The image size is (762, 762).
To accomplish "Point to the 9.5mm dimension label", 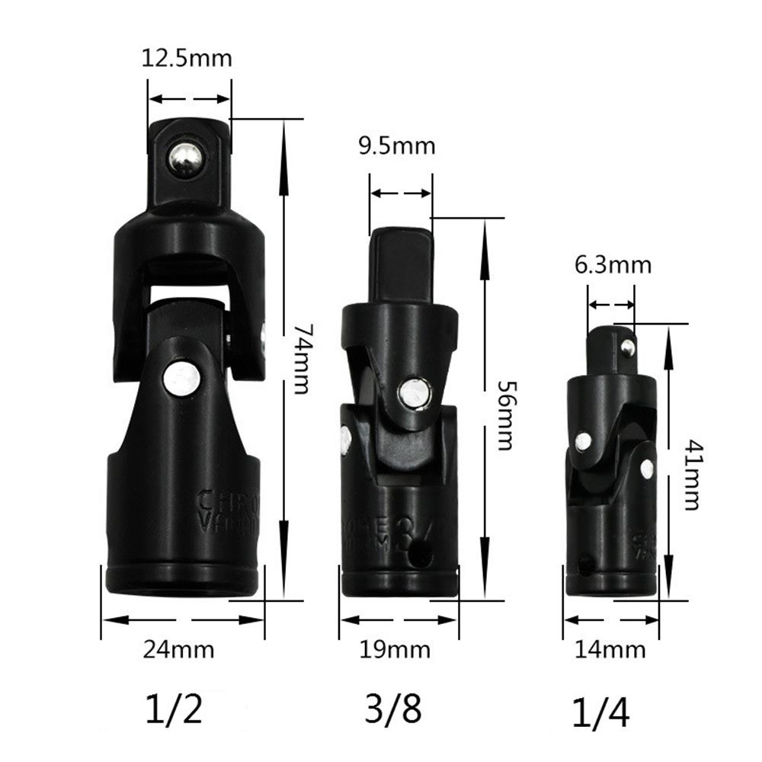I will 397,146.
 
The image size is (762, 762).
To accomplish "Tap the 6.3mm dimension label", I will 613,264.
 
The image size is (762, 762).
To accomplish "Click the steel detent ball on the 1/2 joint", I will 186,159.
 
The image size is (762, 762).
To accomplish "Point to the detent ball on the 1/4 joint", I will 628,348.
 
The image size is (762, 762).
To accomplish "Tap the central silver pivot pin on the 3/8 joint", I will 414,393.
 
